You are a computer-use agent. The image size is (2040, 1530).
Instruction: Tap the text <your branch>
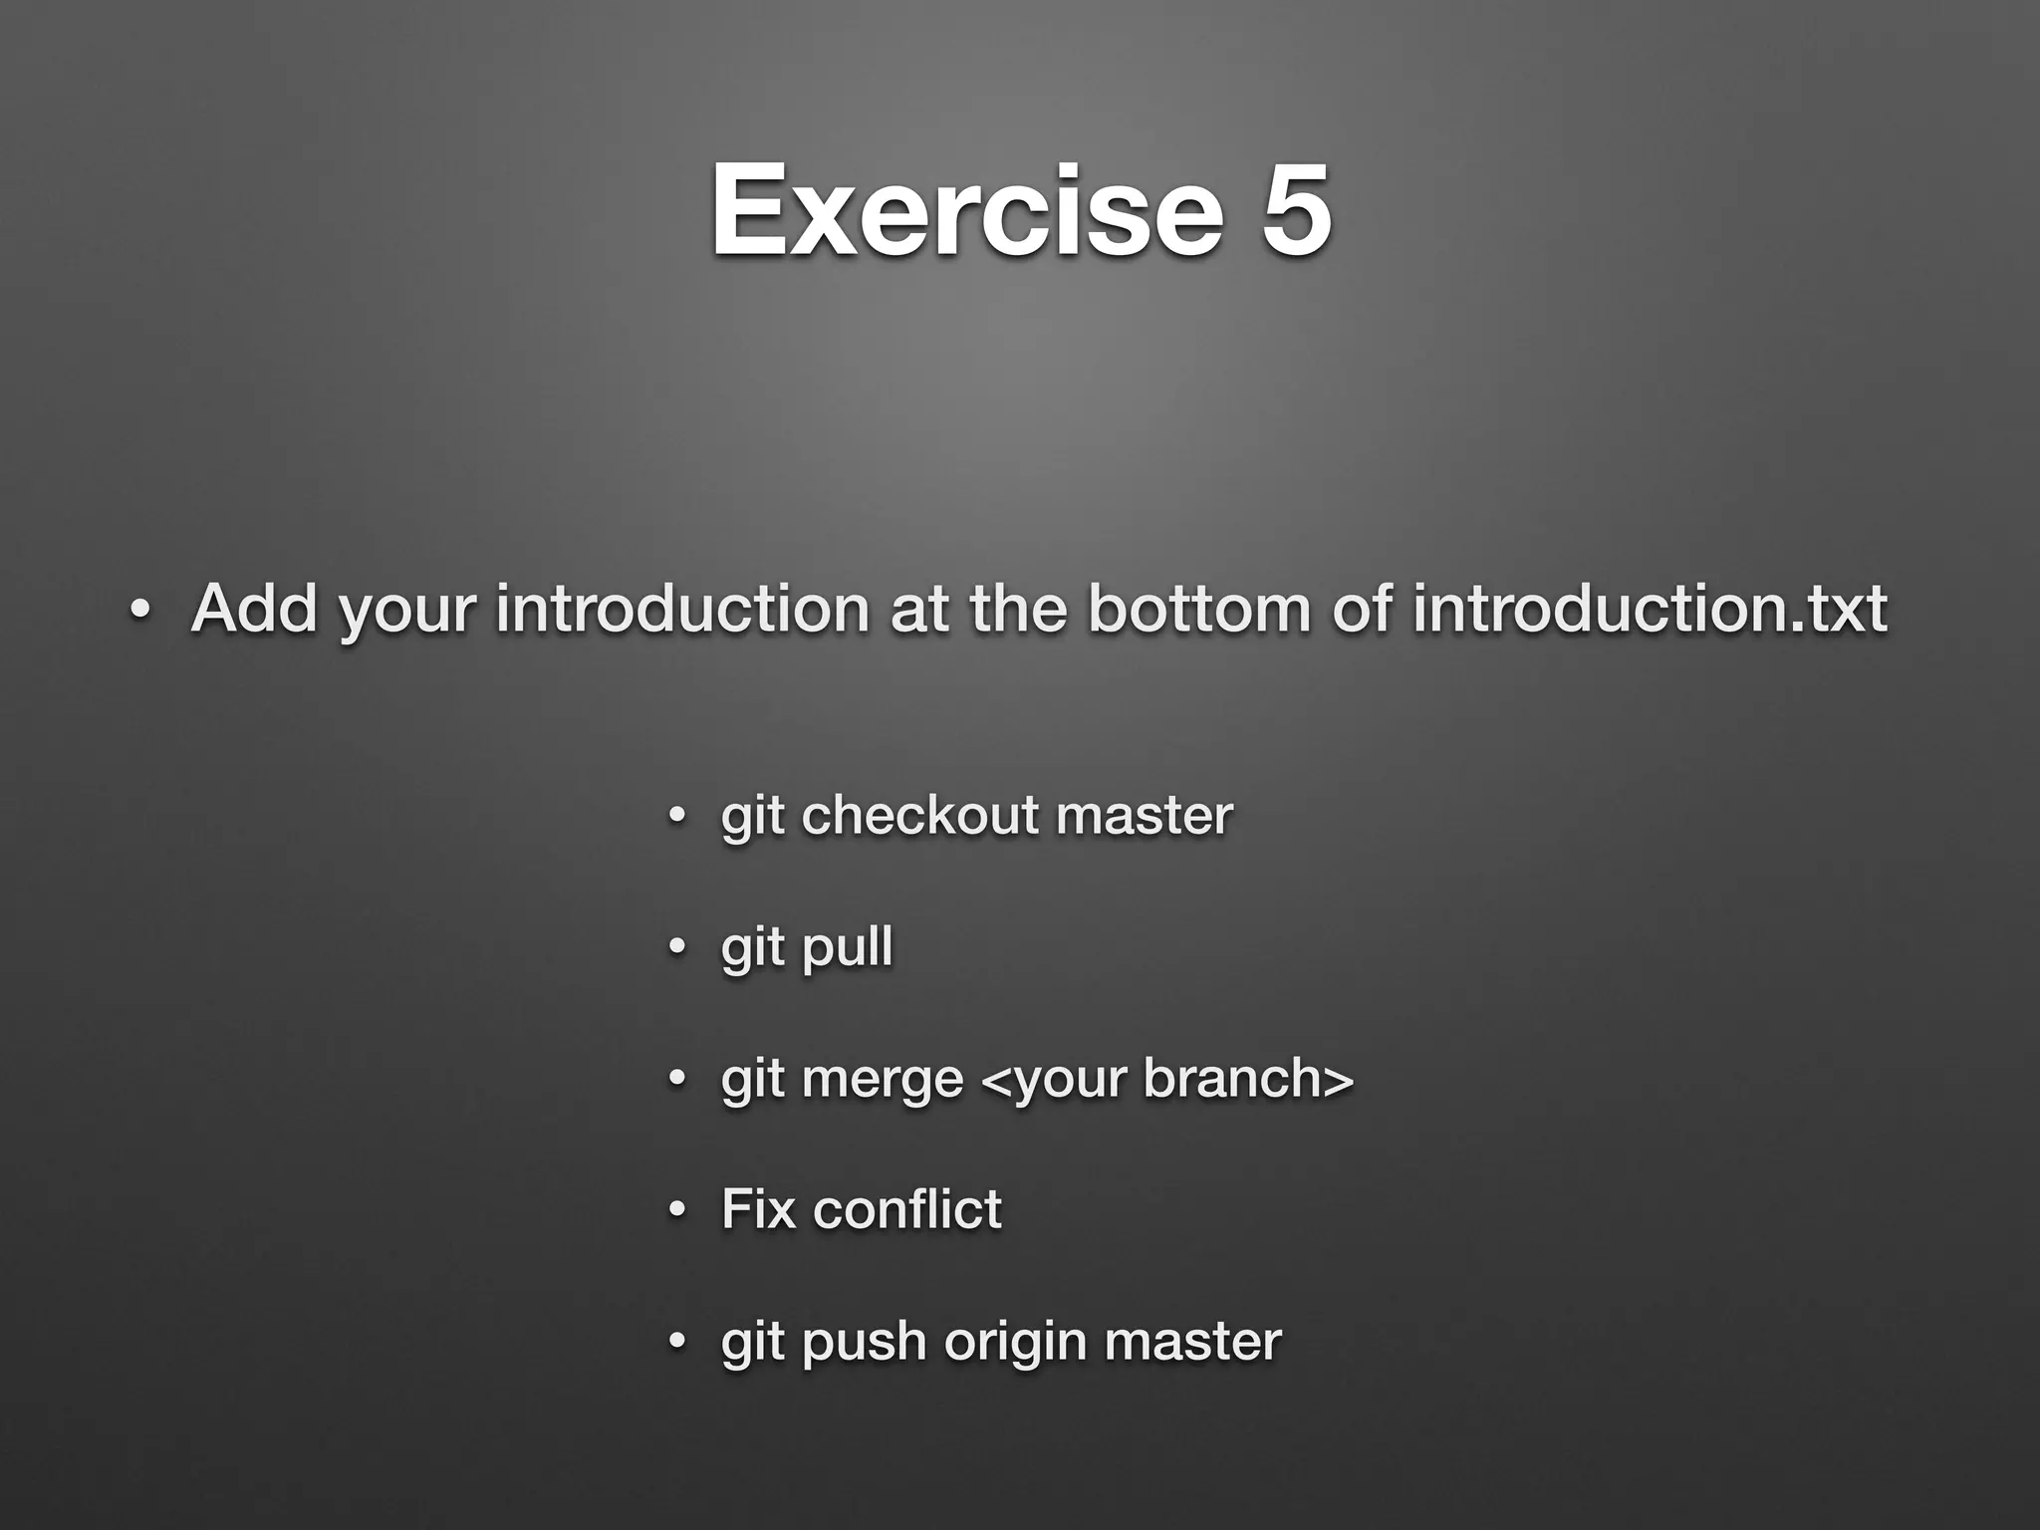(1167, 1078)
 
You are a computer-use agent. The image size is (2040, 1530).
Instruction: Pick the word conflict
(906, 1209)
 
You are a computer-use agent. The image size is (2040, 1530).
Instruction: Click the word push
(864, 1342)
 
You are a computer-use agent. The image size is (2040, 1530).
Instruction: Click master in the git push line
(1192, 1341)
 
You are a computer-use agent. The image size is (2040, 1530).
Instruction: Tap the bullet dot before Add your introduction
(139, 610)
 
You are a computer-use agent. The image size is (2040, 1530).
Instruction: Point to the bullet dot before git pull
(677, 947)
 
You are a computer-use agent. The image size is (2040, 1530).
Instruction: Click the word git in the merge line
(752, 1080)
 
